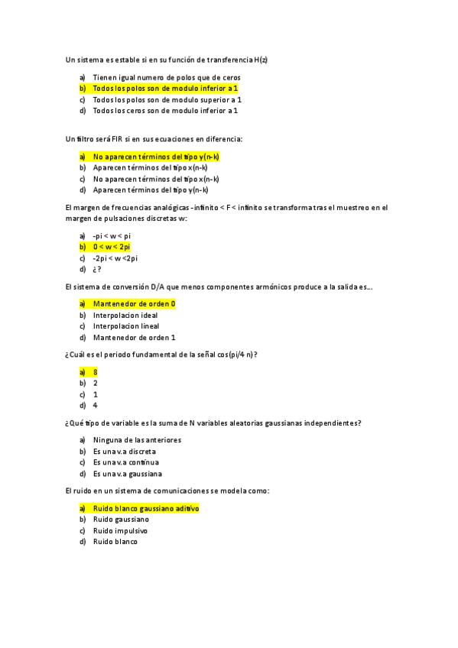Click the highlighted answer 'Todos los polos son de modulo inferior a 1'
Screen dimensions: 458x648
point(165,89)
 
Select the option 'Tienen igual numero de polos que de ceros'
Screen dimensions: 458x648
point(167,77)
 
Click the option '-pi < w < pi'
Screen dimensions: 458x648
point(112,235)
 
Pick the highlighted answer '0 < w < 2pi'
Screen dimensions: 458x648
point(112,247)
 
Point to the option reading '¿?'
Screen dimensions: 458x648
point(97,269)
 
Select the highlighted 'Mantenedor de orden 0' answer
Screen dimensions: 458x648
point(134,303)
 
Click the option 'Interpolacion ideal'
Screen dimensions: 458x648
point(125,315)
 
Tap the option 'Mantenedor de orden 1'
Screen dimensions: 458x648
point(134,337)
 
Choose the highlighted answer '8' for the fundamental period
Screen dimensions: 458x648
point(96,371)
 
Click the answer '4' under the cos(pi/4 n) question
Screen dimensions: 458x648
point(96,405)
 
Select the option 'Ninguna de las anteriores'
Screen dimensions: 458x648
point(137,439)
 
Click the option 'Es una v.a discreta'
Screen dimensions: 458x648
point(125,451)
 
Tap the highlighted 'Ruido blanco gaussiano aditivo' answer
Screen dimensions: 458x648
point(146,507)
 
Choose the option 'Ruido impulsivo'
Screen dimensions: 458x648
point(120,530)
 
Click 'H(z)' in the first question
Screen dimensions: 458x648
point(261,59)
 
